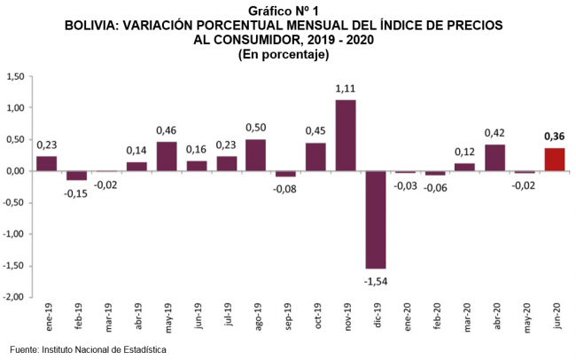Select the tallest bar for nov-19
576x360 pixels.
(346, 136)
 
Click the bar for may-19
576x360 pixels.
(167, 156)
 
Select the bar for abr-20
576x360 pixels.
(494, 158)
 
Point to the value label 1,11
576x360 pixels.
(346, 89)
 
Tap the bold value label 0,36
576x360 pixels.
(554, 137)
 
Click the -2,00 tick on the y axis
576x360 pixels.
(14, 297)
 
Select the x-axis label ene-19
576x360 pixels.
(47, 317)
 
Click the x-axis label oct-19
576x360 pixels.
(316, 317)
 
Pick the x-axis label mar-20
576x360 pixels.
(465, 317)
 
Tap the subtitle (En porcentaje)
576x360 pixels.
(284, 54)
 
